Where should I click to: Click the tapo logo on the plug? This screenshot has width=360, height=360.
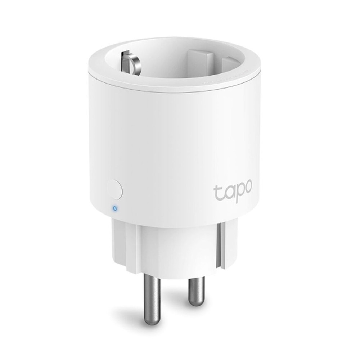click(233, 191)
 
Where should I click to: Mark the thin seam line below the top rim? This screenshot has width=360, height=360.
click(173, 89)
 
